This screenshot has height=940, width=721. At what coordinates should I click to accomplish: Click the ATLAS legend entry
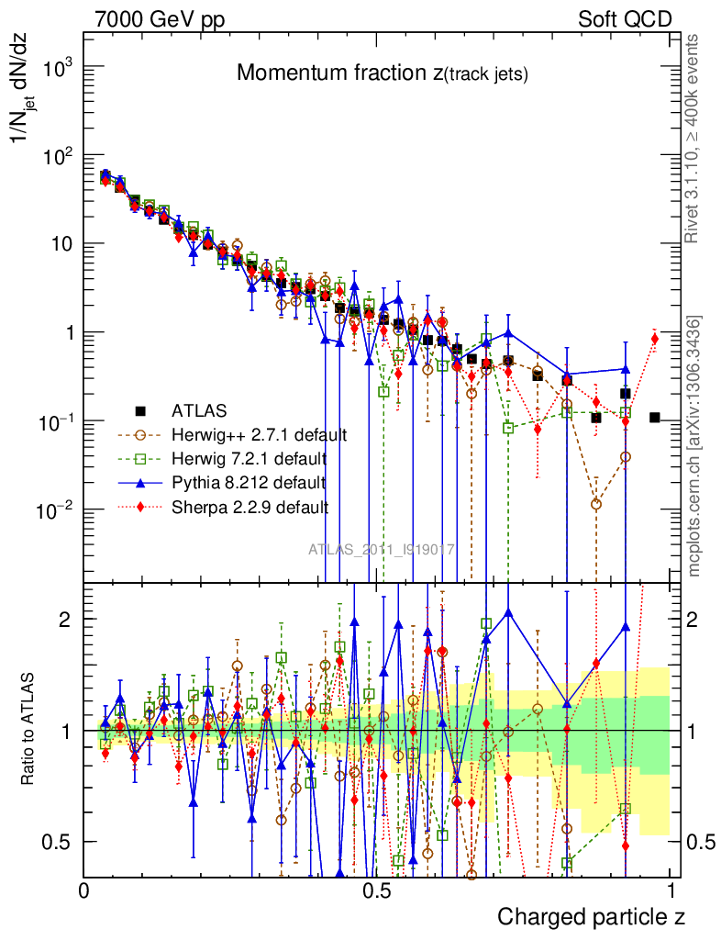tap(197, 409)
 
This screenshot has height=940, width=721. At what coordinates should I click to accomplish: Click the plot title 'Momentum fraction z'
tap(382, 73)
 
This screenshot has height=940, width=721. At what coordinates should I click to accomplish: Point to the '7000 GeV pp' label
tap(160, 19)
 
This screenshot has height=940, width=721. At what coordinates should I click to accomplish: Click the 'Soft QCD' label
tap(625, 19)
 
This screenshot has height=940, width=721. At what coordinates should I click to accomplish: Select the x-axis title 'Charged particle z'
tap(591, 916)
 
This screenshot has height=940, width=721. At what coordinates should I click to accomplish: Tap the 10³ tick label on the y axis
tap(58, 68)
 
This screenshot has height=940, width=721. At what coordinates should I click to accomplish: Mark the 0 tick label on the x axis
tap(84, 891)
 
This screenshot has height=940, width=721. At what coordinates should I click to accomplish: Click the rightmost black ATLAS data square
tap(655, 418)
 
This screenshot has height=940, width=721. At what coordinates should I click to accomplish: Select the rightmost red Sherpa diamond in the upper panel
tap(655, 339)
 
